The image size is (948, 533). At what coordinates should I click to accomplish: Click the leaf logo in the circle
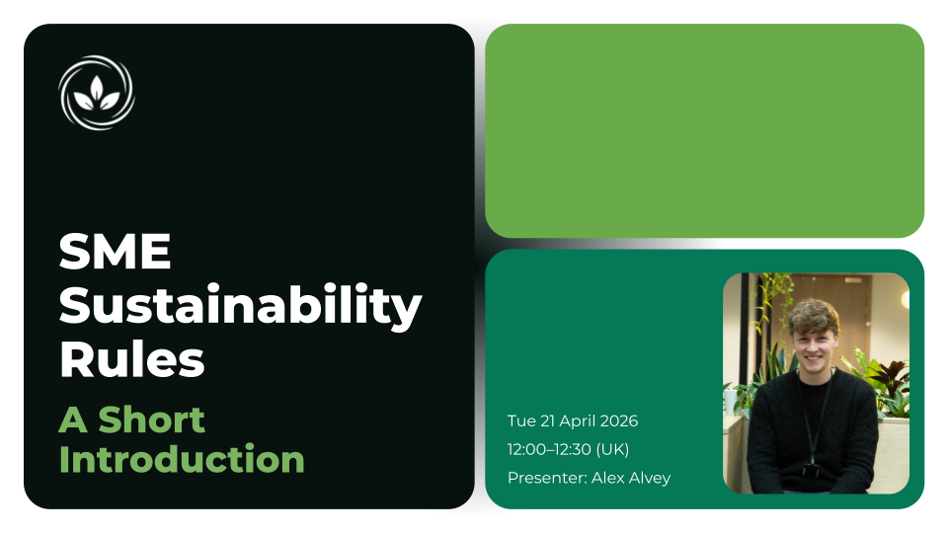pyautogui.click(x=96, y=93)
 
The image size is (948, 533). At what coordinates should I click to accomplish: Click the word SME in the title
pyautogui.click(x=116, y=254)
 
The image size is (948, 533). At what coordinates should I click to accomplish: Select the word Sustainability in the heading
pyautogui.click(x=240, y=307)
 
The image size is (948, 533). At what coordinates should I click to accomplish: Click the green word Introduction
pyautogui.click(x=182, y=459)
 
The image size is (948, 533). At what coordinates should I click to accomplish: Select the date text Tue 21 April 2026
pyautogui.click(x=573, y=421)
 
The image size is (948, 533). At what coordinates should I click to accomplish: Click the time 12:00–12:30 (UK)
pyautogui.click(x=568, y=450)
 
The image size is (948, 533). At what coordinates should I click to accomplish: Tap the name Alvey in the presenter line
pyautogui.click(x=649, y=479)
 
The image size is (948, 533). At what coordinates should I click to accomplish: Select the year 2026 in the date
pyautogui.click(x=617, y=421)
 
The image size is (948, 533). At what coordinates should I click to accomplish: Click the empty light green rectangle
pyautogui.click(x=704, y=130)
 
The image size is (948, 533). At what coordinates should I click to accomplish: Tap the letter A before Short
pyautogui.click(x=72, y=419)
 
